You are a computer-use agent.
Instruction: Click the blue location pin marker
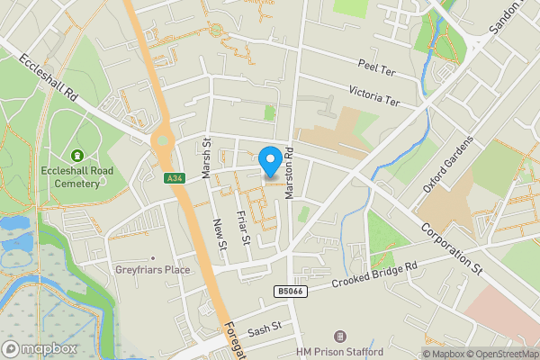269,161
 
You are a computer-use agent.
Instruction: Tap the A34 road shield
175,179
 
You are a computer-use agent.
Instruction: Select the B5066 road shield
287,292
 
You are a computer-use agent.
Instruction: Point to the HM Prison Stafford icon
338,336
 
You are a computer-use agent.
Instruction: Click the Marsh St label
206,157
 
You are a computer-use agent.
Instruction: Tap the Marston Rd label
290,173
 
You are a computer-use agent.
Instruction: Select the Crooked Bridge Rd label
375,274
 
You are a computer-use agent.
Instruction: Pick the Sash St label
265,331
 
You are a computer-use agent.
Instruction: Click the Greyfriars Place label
151,269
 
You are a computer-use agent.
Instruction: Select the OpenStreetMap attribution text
500,354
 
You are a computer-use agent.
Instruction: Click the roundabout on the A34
163,140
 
